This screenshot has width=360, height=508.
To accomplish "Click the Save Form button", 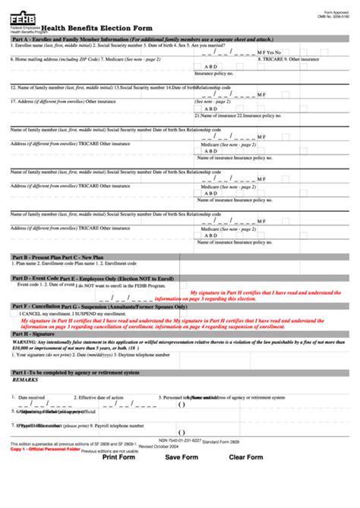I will (x=182, y=499).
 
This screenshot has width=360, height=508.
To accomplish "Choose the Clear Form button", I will (x=245, y=499).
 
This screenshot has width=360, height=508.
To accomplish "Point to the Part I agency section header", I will (x=76, y=373).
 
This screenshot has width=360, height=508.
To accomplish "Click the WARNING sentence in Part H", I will (x=152, y=343).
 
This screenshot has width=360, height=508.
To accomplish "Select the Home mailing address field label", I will (x=52, y=58).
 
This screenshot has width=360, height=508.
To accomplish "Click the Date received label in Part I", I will (x=31, y=397).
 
